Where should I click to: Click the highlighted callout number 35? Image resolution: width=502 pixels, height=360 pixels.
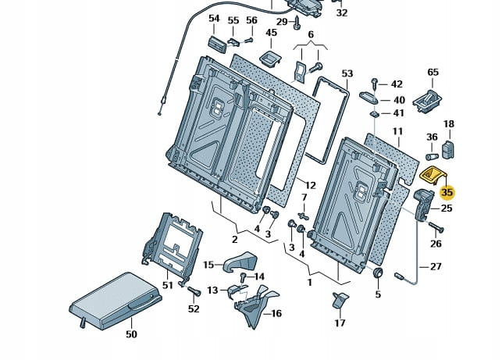pyautogui.click(x=447, y=191)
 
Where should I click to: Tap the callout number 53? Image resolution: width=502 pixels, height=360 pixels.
pyautogui.click(x=347, y=73)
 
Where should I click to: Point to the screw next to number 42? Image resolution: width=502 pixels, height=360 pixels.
pyautogui.click(x=376, y=82)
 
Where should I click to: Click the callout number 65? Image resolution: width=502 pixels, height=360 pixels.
pyautogui.click(x=433, y=73)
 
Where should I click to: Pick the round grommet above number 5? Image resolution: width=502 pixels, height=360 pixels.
pyautogui.click(x=378, y=273)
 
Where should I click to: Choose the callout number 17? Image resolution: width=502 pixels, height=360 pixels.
pyautogui.click(x=340, y=323)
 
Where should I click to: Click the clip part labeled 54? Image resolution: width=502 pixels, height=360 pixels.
pyautogui.click(x=217, y=41)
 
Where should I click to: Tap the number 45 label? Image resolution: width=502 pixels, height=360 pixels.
pyautogui.click(x=271, y=33)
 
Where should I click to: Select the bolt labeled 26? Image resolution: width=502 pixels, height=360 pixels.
pyautogui.click(x=435, y=228)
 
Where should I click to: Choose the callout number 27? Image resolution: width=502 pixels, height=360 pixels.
pyautogui.click(x=436, y=266)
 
